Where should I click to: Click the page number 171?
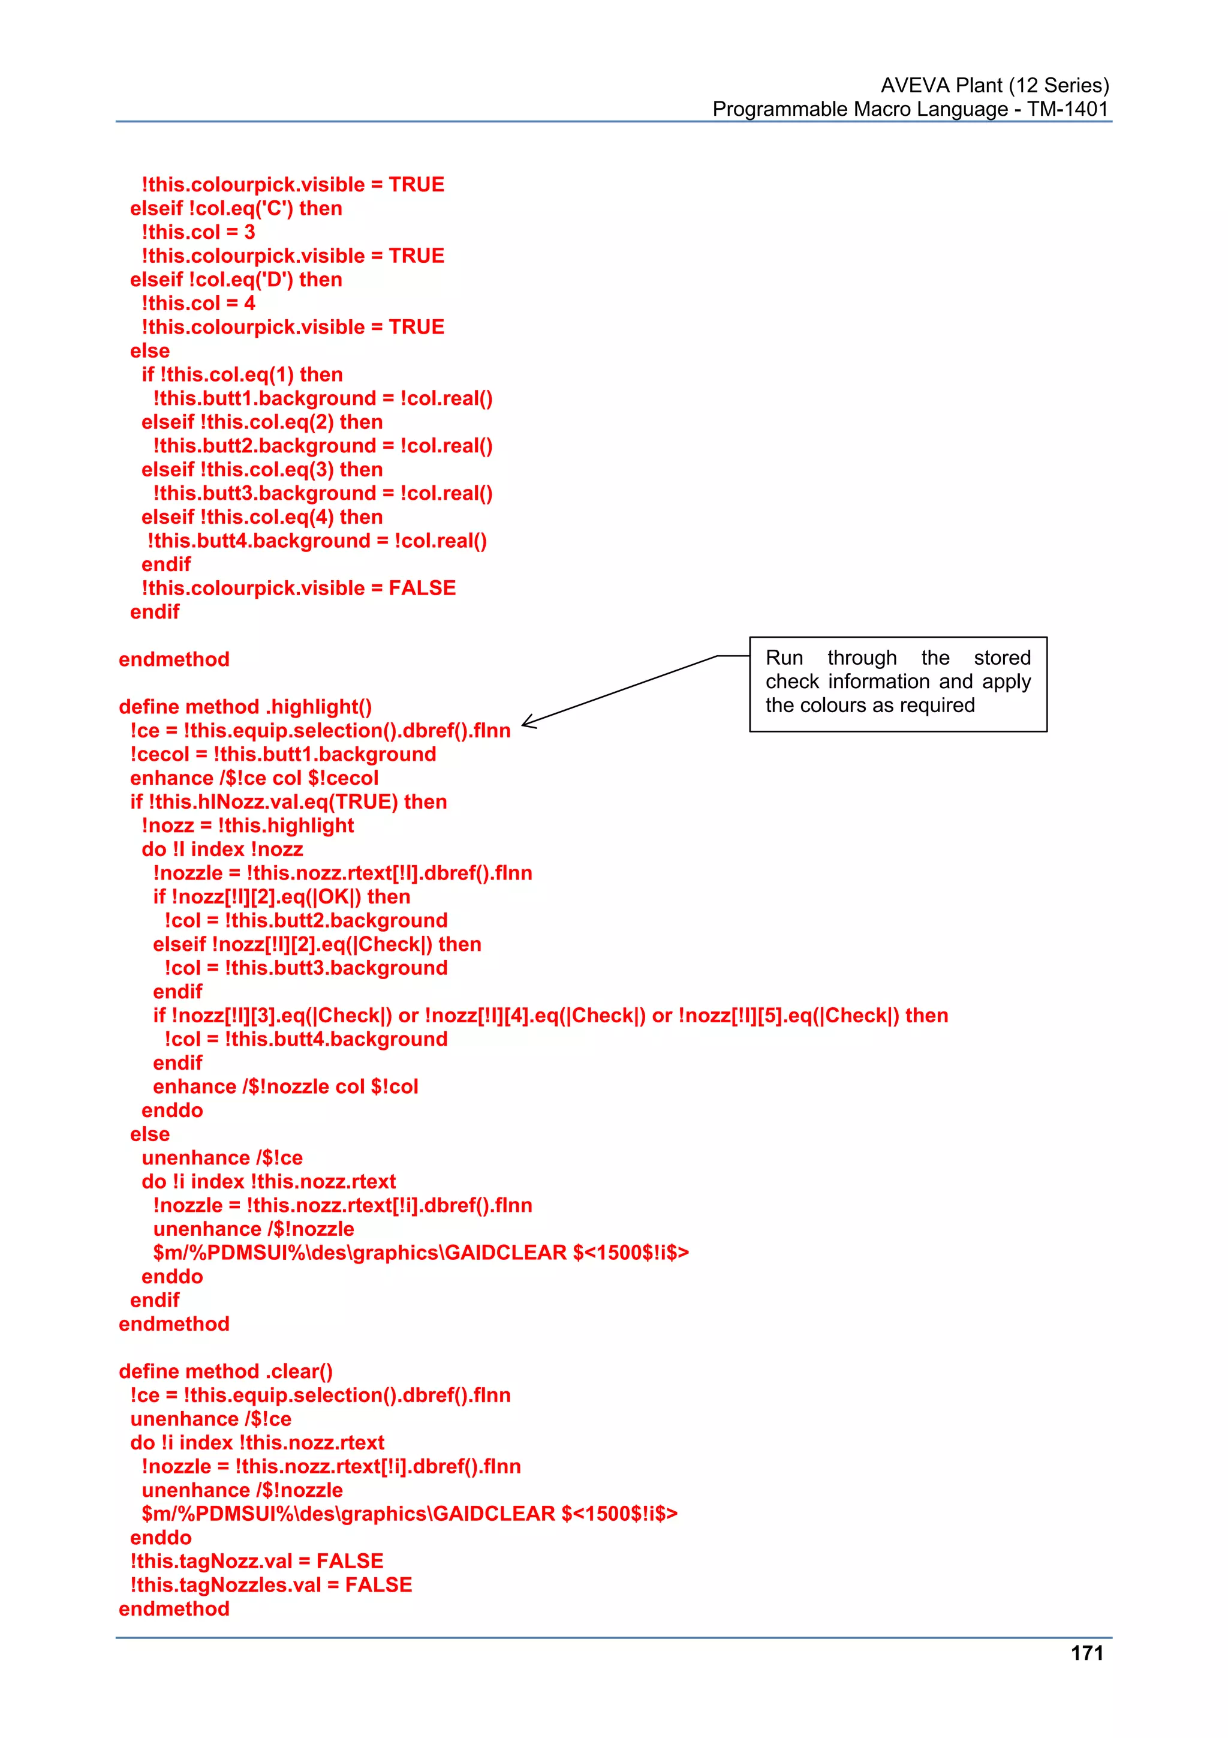1086,1653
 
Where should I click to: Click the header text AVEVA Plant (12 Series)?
994,85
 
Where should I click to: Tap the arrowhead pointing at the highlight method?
528,722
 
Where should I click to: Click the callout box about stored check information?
898,683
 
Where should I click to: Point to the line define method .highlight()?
245,706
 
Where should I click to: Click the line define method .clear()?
225,1371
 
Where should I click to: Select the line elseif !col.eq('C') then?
236,208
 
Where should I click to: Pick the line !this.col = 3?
198,232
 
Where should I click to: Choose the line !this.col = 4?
198,303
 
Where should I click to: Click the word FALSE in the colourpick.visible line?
422,588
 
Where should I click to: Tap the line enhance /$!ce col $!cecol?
254,778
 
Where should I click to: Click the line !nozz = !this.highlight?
248,825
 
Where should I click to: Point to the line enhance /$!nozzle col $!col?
285,1086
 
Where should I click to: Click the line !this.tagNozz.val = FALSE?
257,1561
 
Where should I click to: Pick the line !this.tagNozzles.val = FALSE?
271,1584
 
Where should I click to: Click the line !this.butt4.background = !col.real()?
317,541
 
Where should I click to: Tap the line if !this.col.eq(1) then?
242,374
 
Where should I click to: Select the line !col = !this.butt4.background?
306,1038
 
